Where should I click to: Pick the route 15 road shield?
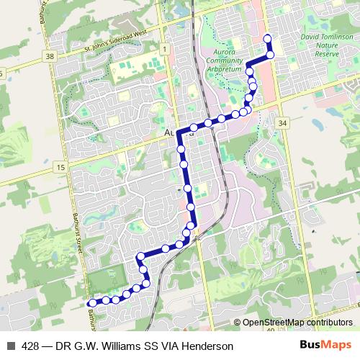(x=60, y=167)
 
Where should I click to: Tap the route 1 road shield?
(x=165, y=49)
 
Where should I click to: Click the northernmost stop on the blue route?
(x=268, y=39)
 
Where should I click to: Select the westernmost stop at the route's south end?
(x=92, y=303)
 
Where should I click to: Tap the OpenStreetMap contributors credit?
(x=297, y=323)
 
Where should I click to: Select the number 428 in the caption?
(x=31, y=346)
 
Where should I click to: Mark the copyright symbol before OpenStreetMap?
(x=238, y=323)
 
